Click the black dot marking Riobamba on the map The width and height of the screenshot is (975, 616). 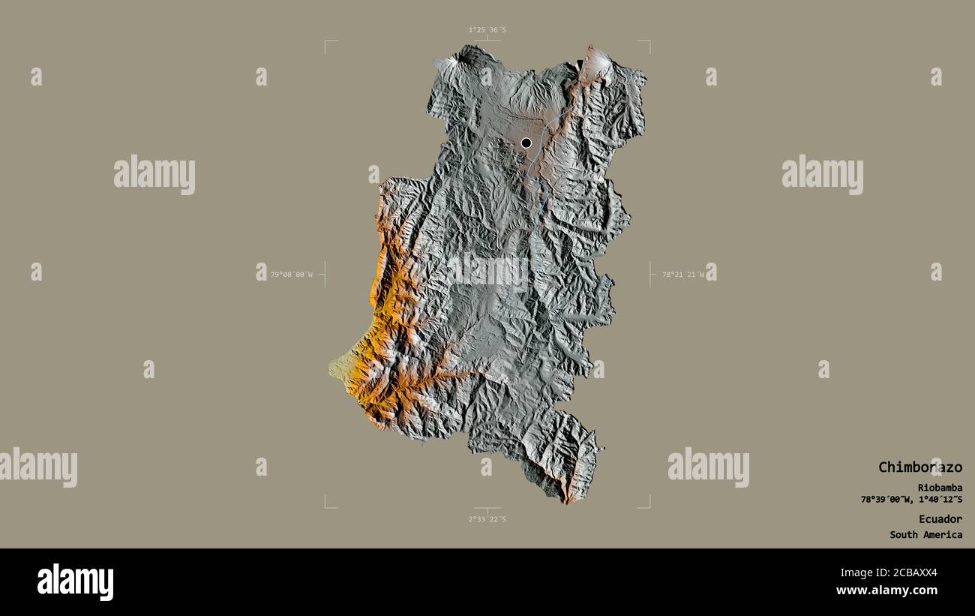coord(526,143)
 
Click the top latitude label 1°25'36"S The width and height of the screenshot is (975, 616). coord(487,30)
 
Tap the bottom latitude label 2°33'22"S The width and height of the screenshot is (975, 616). coord(487,519)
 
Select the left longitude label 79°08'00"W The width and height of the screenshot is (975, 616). coord(291,275)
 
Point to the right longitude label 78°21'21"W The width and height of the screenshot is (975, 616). coord(682,275)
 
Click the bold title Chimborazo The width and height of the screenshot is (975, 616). coord(919,467)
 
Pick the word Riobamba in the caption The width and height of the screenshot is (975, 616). coord(940,488)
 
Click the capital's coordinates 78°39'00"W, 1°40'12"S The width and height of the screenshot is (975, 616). coord(911,500)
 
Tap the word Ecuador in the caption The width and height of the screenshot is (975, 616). coord(940,519)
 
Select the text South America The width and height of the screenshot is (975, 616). coord(925,535)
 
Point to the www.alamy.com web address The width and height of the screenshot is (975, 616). coord(886,590)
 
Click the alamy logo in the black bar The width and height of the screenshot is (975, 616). coord(75,582)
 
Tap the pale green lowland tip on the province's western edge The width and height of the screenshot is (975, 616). coord(335,368)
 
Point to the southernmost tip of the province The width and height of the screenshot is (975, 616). coord(566,501)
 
